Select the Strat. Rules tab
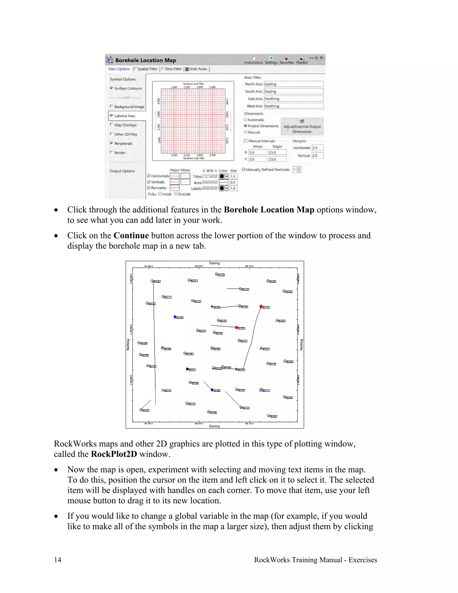196,69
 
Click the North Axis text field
293,84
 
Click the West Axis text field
293,106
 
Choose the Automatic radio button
246,120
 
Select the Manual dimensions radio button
246,132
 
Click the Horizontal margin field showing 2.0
317,148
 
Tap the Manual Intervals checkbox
246,141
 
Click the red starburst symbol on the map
261,307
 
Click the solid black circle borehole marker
187,369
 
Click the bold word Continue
131,235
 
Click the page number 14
57,560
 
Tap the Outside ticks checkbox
176,194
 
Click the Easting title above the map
214,263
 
